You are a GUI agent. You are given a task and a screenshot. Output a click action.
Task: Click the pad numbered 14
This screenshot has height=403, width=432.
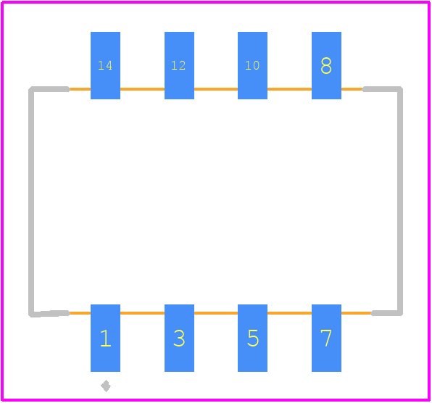[x=105, y=65]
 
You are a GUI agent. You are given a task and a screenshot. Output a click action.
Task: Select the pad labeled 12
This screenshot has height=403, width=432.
[x=179, y=65]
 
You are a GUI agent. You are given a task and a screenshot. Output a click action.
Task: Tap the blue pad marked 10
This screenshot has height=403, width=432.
[x=253, y=65]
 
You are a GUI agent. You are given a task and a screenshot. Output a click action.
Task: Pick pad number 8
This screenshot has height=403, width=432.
[x=326, y=65]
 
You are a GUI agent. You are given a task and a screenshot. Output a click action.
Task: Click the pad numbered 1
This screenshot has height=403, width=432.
[x=105, y=338]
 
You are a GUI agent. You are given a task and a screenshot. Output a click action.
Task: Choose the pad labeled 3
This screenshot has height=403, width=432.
[x=179, y=338]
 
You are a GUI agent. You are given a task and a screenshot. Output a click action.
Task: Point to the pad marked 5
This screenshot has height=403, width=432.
[x=253, y=338]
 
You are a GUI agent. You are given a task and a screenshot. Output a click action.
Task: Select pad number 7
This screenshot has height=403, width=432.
[x=326, y=338]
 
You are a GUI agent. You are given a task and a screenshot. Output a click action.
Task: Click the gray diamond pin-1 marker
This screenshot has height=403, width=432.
[x=106, y=386]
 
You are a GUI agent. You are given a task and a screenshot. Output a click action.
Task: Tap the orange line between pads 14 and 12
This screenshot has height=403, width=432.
[x=143, y=89]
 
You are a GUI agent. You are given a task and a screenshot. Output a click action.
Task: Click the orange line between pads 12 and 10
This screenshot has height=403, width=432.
[x=216, y=89]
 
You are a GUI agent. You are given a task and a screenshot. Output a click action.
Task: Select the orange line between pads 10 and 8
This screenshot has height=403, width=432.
[x=289, y=89]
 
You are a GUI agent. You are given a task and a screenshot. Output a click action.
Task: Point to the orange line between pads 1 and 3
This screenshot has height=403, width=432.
[x=143, y=313]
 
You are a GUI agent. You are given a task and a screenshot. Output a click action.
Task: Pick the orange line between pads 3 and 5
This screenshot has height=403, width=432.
[x=216, y=313]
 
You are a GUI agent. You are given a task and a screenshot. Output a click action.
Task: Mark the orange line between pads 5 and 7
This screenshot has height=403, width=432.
[x=289, y=313]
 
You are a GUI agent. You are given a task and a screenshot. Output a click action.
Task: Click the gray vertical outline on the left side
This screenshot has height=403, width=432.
[x=31, y=201]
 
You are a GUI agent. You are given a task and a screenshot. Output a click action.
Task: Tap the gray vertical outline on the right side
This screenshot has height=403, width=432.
[x=400, y=201]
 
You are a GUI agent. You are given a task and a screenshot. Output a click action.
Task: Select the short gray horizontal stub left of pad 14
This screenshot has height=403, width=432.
[x=49, y=89]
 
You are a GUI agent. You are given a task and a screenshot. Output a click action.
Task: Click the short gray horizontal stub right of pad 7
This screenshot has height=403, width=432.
[x=387, y=313]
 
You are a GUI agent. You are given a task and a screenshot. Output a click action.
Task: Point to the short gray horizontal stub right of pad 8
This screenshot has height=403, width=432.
[x=383, y=89]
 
